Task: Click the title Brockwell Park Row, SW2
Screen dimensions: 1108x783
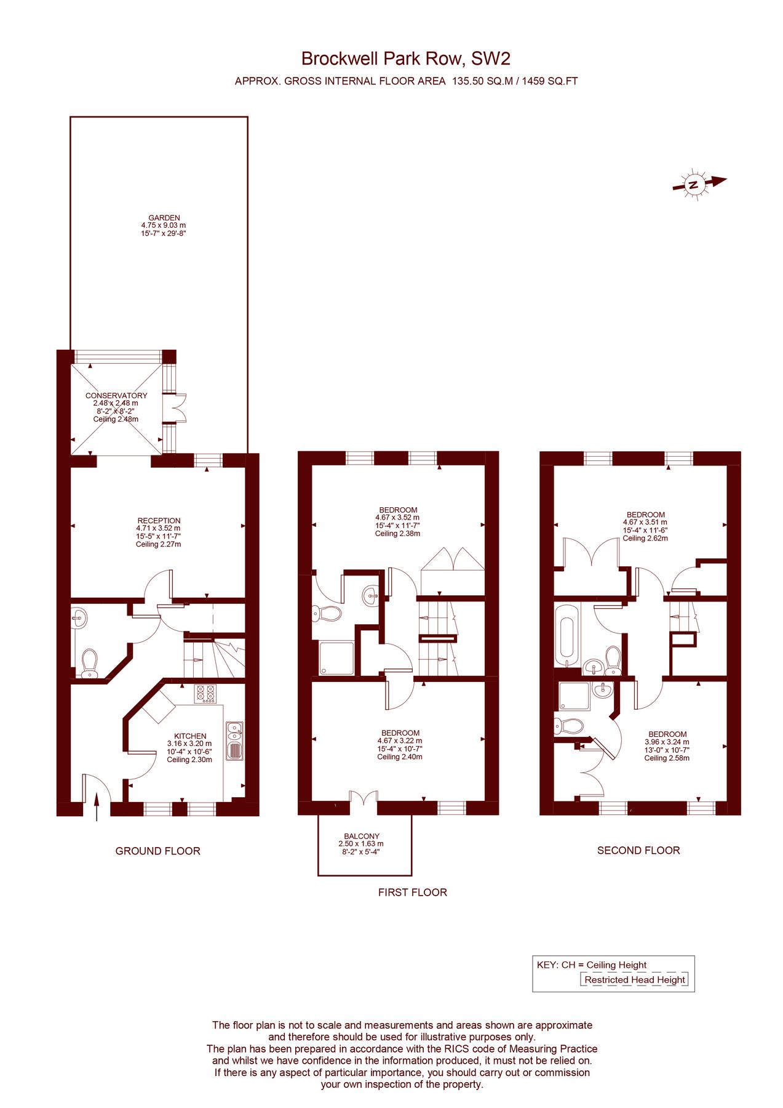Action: pyautogui.click(x=405, y=58)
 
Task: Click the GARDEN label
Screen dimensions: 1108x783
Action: pyautogui.click(x=164, y=218)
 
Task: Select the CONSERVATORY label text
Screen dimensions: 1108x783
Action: pyautogui.click(x=116, y=395)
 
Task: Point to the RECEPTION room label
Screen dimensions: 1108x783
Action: pyautogui.click(x=159, y=521)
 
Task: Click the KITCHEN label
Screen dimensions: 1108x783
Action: pyautogui.click(x=190, y=736)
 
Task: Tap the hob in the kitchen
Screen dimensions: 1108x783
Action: pyautogui.click(x=205, y=694)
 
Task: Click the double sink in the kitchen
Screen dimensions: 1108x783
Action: pyautogui.click(x=234, y=741)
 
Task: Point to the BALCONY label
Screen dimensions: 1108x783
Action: pyautogui.click(x=362, y=837)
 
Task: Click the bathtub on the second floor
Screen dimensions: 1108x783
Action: pyautogui.click(x=565, y=636)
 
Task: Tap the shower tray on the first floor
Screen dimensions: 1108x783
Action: pyautogui.click(x=336, y=658)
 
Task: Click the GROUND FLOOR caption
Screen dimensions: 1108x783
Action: pyautogui.click(x=157, y=851)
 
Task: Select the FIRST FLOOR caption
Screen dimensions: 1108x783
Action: pyautogui.click(x=412, y=893)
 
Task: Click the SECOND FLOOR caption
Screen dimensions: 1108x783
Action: pyautogui.click(x=638, y=851)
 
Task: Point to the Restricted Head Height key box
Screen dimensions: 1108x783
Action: pyautogui.click(x=634, y=980)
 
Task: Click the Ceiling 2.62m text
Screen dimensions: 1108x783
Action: pyautogui.click(x=645, y=538)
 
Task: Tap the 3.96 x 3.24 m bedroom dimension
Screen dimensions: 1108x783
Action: pyautogui.click(x=667, y=742)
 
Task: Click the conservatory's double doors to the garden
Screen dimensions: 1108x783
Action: pyautogui.click(x=179, y=407)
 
